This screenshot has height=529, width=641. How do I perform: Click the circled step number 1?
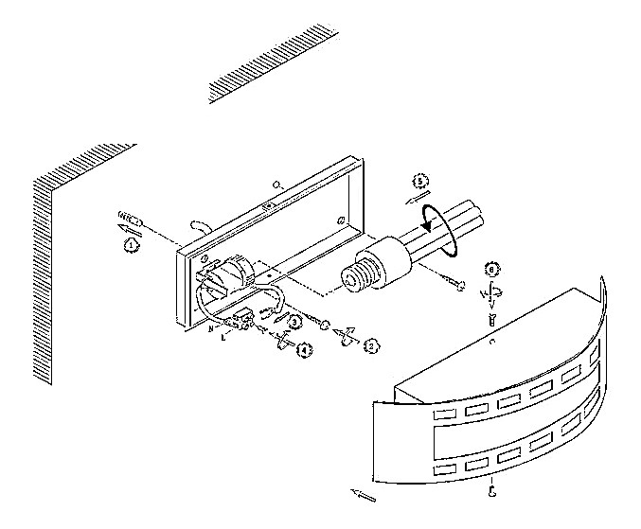130,244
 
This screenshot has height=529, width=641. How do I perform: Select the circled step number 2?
372,347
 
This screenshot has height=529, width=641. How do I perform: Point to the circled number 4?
303,350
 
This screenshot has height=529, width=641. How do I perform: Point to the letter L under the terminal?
223,336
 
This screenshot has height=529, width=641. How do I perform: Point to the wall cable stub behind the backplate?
199,226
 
